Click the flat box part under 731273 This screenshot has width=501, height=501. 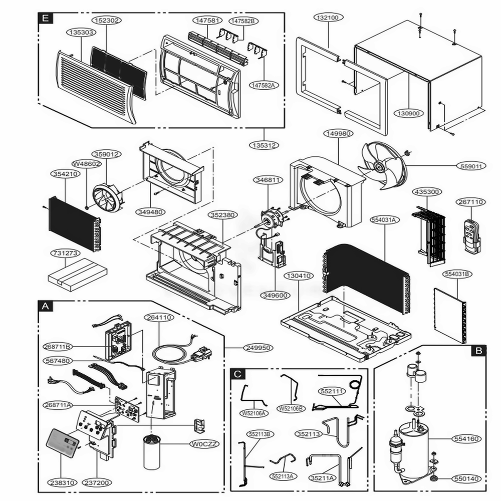[78, 273]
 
